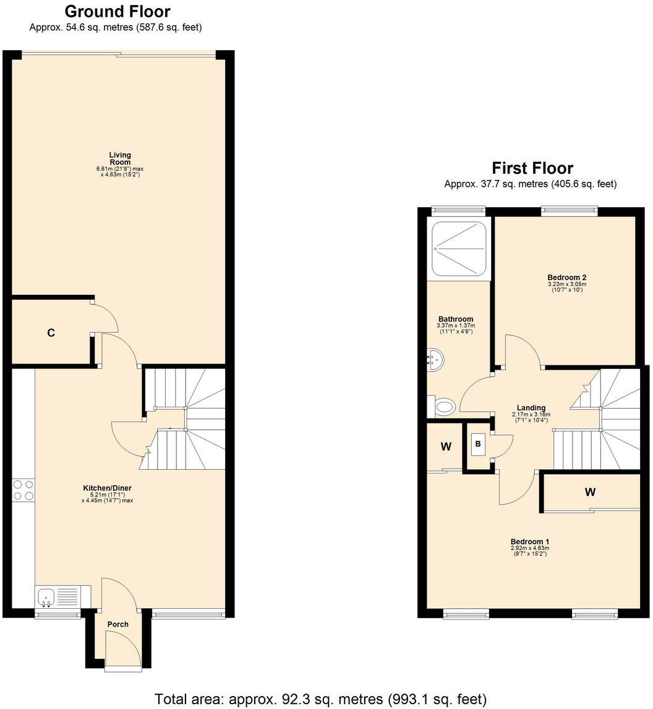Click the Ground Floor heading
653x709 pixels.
117,11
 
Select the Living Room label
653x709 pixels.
120,159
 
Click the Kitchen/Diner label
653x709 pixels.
108,488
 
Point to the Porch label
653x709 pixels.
118,624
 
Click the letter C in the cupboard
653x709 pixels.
51,333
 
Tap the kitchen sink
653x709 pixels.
47,597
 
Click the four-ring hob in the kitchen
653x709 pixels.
23,490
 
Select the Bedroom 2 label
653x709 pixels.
566,278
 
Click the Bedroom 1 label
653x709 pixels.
530,541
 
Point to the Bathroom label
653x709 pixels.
456,319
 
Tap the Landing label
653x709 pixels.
531,408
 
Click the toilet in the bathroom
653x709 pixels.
443,407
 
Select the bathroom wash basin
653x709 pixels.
435,359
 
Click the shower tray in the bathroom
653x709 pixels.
459,248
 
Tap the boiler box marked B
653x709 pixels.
478,443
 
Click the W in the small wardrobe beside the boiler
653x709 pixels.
445,447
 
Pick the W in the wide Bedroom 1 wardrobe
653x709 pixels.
590,492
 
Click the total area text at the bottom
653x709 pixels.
320,699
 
